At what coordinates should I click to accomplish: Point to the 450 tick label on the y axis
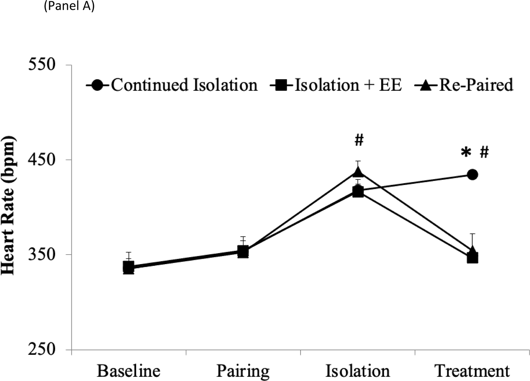coord(42,160)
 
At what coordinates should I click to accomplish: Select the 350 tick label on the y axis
coord(42,254)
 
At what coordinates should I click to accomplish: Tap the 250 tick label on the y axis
coord(42,349)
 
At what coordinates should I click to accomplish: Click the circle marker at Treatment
coord(472,174)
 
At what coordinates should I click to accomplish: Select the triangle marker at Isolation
coord(358,172)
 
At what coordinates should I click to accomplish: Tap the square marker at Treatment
coord(472,258)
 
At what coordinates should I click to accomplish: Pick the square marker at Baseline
coord(129,267)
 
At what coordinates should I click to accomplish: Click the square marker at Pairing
coord(243,252)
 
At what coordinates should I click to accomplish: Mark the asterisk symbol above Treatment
coord(466,153)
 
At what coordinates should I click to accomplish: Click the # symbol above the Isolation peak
coord(359,141)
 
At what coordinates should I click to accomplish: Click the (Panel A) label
coord(69,6)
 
